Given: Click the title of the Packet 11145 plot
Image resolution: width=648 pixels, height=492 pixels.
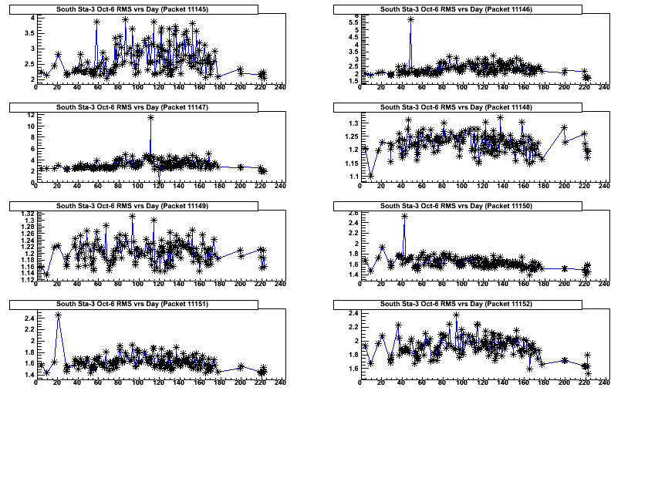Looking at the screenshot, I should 147,8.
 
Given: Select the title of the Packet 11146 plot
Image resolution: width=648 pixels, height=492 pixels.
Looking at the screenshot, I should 471,8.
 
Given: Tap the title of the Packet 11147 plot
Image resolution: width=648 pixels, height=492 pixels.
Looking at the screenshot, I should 147,107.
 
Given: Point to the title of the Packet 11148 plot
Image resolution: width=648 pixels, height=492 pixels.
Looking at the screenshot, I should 471,107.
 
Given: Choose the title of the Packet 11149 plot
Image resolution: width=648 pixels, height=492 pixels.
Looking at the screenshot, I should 147,206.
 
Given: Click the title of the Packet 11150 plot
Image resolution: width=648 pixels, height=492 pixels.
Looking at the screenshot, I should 471,206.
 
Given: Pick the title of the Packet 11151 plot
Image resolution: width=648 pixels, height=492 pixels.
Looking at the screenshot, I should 147,305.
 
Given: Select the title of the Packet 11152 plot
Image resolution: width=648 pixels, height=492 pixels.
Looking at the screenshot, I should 471,305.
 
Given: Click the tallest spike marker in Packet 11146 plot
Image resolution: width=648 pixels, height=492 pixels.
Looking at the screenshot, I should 410,20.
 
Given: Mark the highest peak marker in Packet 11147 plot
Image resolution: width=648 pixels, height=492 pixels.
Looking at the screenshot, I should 150,117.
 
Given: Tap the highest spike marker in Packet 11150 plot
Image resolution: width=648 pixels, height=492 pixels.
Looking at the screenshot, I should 404,217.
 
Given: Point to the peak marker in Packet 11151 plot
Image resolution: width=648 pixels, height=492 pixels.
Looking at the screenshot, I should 58,315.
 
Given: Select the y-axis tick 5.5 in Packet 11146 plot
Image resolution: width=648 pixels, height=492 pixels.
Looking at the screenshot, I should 353,22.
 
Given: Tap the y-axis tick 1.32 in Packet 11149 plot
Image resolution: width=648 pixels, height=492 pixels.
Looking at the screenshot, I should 26,214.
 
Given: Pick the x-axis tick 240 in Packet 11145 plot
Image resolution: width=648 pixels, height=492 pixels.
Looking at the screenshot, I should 280,87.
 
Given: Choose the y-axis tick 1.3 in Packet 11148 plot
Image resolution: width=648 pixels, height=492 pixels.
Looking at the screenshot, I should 353,123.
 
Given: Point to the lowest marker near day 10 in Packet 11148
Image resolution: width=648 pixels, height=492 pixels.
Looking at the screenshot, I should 371,175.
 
